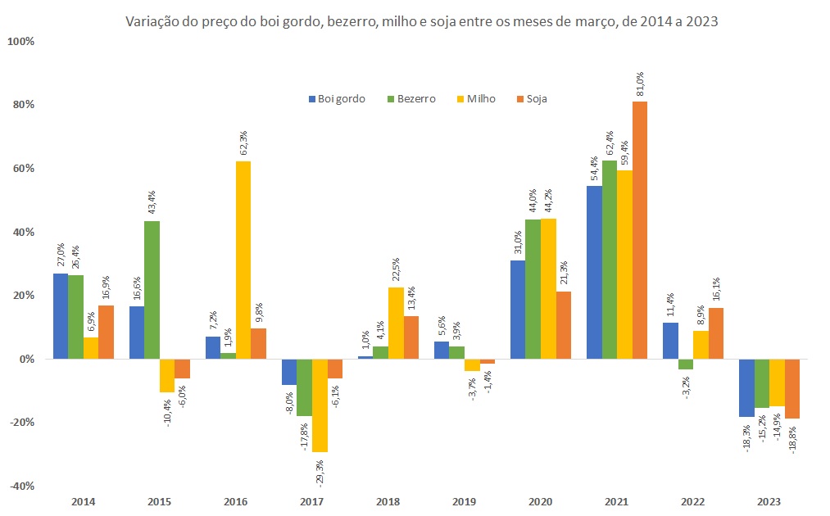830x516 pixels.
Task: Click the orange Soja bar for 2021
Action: (640, 230)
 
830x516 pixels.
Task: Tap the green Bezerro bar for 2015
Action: (152, 290)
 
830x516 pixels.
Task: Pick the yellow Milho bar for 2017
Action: (320, 405)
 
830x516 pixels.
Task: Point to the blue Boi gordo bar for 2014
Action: (61, 316)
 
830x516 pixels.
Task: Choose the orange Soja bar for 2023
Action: (792, 389)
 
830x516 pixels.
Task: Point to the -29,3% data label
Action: (320, 473)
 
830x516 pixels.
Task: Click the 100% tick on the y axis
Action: (20, 41)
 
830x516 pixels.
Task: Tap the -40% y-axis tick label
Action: (20, 486)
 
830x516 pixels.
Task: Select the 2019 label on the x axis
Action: (464, 501)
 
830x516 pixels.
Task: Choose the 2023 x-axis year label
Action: (769, 501)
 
